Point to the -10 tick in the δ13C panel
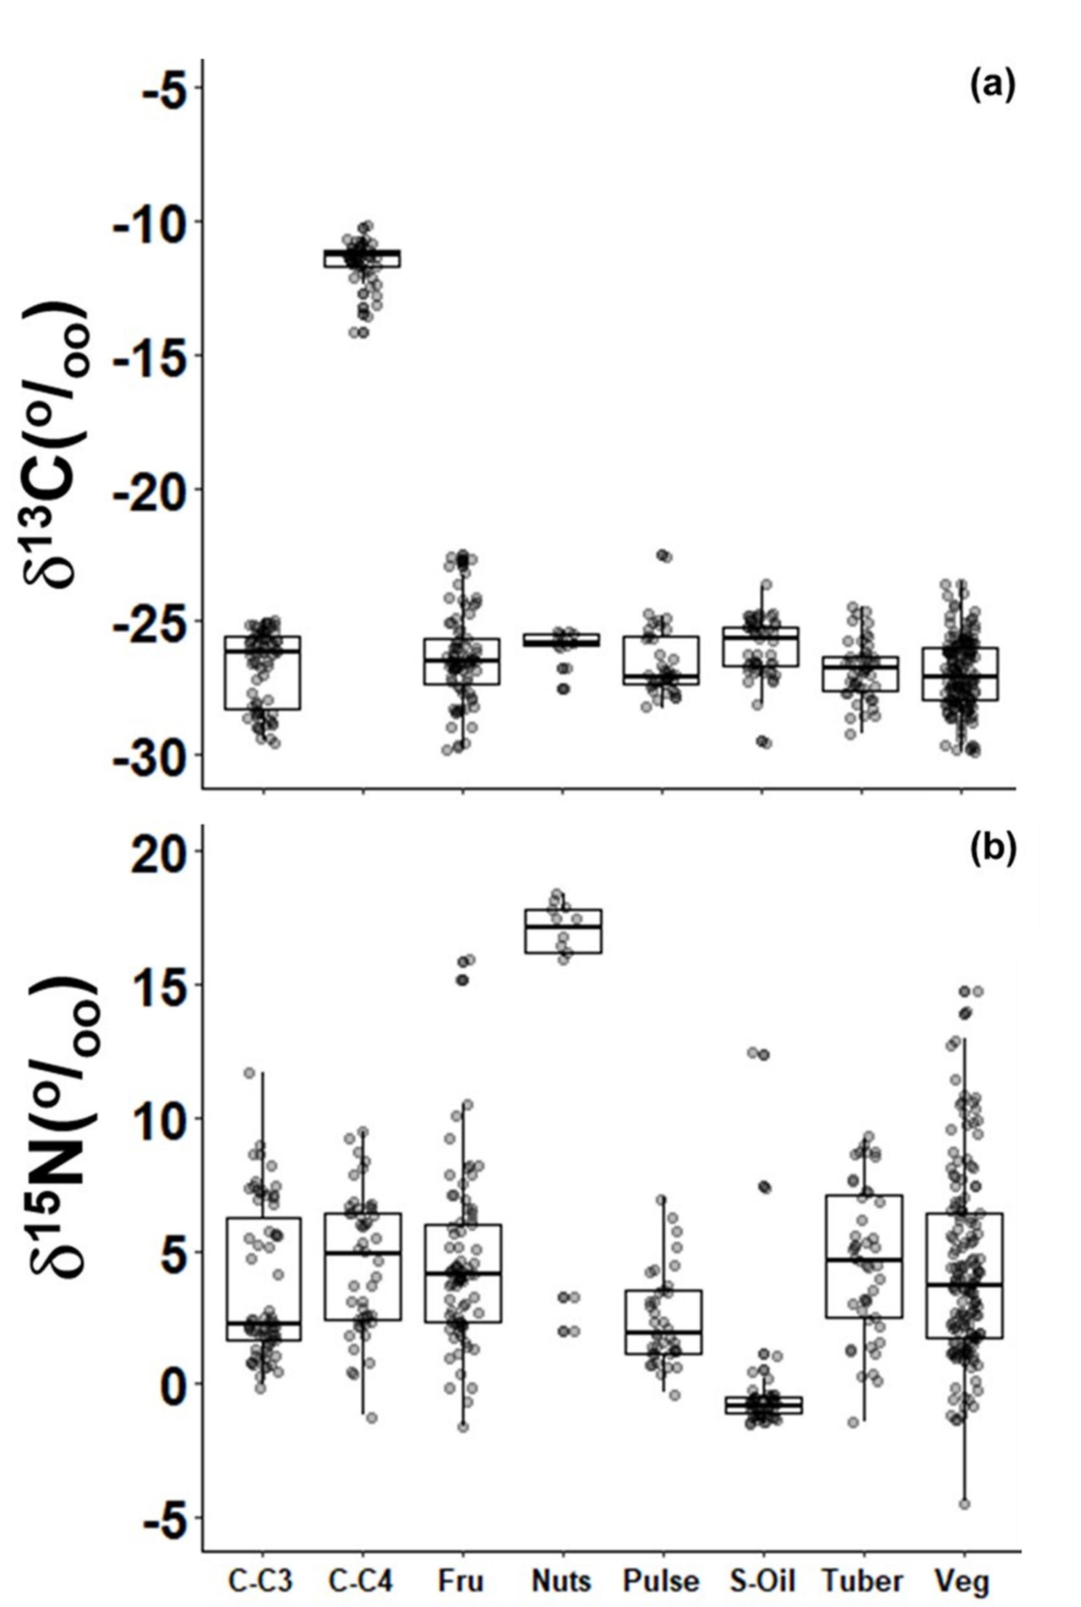163,221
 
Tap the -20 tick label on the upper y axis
163,489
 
